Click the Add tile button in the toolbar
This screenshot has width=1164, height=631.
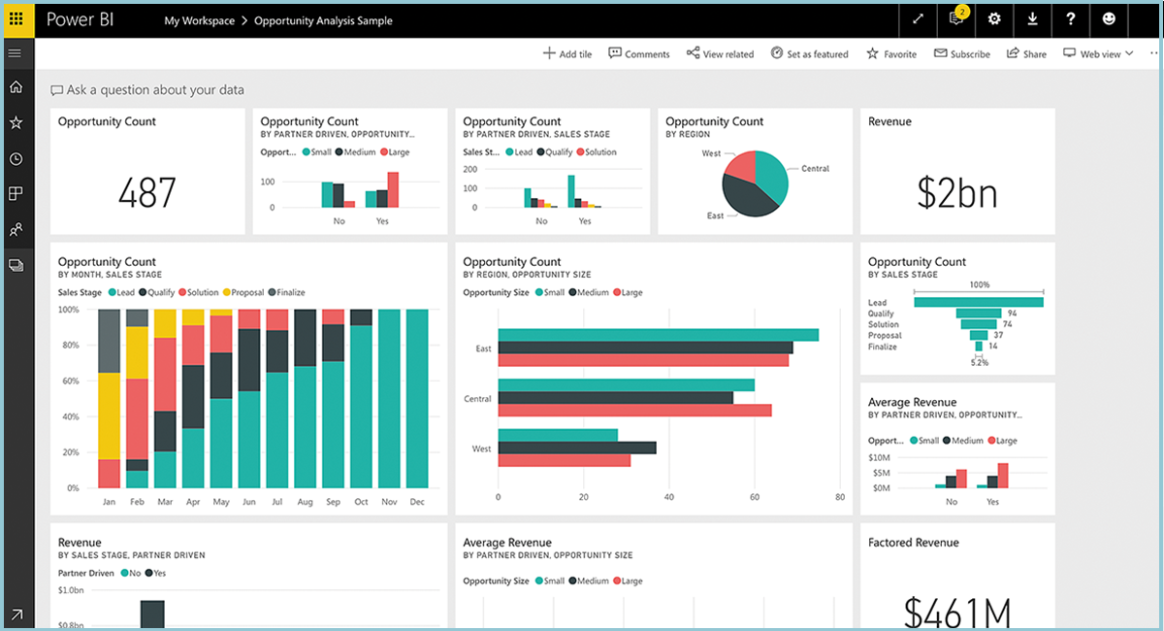pyautogui.click(x=567, y=54)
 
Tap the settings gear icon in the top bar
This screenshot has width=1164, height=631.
pyautogui.click(x=994, y=19)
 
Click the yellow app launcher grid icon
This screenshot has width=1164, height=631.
pyautogui.click(x=16, y=19)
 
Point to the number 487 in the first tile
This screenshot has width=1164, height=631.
pyautogui.click(x=147, y=192)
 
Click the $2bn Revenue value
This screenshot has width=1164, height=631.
pyautogui.click(x=956, y=192)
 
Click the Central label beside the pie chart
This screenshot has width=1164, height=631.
pyautogui.click(x=815, y=169)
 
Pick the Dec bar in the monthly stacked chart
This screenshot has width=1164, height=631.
pyautogui.click(x=418, y=398)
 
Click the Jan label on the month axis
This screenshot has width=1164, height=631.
pyautogui.click(x=109, y=502)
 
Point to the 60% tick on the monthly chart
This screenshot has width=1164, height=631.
pyautogui.click(x=69, y=382)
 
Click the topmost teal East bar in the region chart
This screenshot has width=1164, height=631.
pyautogui.click(x=658, y=335)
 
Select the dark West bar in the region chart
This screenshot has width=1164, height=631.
pyautogui.click(x=576, y=448)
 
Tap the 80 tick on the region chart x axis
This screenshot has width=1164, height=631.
pyautogui.click(x=840, y=497)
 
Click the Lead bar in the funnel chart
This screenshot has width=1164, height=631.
pyautogui.click(x=978, y=302)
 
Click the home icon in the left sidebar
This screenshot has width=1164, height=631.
pyautogui.click(x=16, y=87)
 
